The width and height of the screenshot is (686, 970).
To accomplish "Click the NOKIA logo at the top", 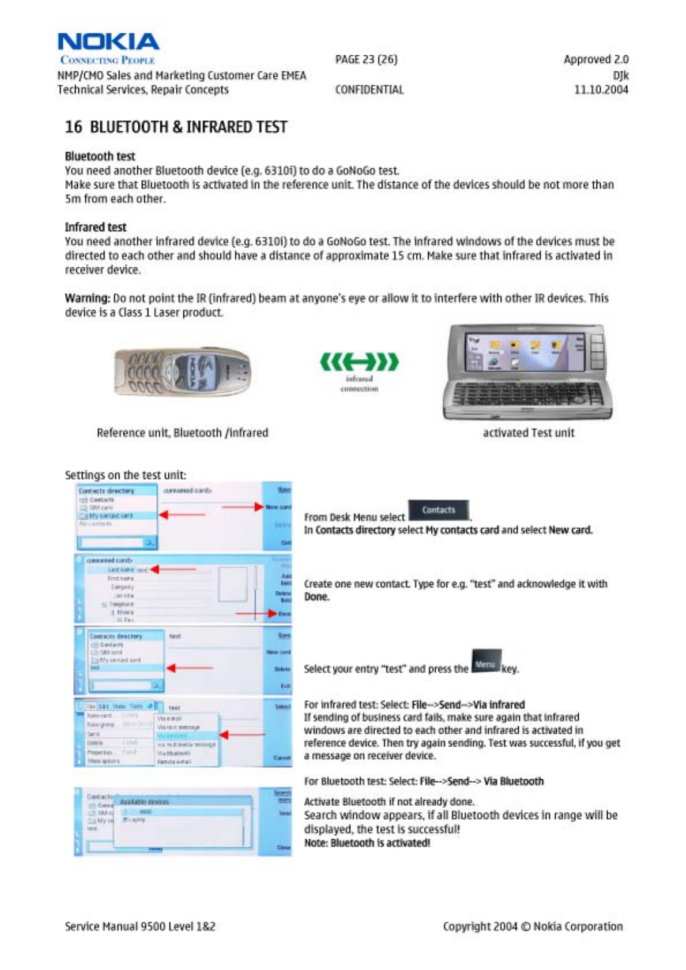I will [x=108, y=42].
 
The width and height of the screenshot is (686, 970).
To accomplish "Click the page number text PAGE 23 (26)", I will [x=366, y=59].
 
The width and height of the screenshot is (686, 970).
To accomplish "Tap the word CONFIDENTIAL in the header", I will [x=369, y=90].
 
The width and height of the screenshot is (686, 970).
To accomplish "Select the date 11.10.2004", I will [x=601, y=90].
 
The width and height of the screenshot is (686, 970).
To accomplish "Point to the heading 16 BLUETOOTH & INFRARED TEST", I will [x=176, y=127].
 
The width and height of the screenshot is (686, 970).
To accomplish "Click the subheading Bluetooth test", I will [x=100, y=157].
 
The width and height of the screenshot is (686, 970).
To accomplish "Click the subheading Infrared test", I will [x=95, y=228].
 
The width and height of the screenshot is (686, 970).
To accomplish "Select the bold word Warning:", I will [x=87, y=298].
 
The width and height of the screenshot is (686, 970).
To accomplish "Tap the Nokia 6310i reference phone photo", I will [x=182, y=372].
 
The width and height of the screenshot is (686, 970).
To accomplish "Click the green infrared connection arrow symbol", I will [x=359, y=362].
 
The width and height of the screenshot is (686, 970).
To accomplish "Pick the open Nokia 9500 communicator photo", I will [x=527, y=372].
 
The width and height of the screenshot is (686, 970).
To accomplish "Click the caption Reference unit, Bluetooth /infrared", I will [x=182, y=433].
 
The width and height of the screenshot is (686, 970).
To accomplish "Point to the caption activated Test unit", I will [x=528, y=433].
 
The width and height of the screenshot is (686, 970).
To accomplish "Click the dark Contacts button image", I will [x=439, y=510].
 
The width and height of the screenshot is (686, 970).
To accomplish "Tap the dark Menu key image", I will [x=485, y=664].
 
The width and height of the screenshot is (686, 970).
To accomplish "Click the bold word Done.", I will [x=316, y=597].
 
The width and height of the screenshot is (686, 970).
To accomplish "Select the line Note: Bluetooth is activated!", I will [x=367, y=843].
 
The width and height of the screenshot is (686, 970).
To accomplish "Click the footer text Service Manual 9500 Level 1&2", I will [x=140, y=926].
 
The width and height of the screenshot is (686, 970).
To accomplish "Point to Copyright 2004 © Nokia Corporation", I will [x=533, y=926].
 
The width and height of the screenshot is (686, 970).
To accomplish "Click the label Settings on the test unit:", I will [x=125, y=475].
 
